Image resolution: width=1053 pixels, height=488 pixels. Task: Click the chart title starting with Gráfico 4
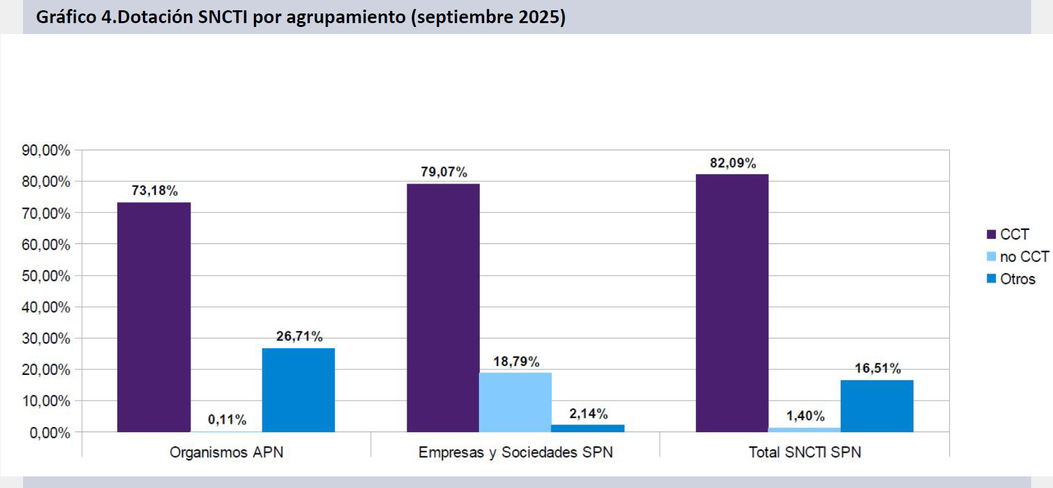(301, 17)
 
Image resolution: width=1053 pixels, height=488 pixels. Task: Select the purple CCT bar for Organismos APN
(154, 317)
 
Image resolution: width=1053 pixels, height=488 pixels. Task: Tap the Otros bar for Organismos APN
(298, 390)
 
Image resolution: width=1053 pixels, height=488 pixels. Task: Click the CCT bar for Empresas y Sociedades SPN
(443, 308)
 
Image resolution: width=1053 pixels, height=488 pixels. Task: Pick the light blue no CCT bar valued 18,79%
(515, 402)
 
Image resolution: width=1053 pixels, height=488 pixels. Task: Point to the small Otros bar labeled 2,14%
(587, 428)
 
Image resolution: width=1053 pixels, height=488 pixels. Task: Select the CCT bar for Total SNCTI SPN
(732, 303)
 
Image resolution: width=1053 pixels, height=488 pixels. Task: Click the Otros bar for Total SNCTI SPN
(877, 406)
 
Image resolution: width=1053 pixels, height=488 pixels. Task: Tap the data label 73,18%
(155, 191)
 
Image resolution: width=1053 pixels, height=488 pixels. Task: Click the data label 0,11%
(227, 420)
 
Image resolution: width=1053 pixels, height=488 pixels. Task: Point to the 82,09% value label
(733, 163)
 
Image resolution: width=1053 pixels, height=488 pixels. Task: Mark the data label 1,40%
(805, 416)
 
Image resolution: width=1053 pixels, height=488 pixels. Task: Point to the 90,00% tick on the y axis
(46, 150)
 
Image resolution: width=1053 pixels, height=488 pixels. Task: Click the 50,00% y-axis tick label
(46, 276)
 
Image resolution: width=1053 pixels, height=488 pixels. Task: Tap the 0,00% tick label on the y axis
(50, 433)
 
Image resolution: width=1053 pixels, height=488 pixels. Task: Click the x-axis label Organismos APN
(226, 452)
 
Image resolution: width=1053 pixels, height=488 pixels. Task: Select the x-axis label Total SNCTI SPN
(805, 452)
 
